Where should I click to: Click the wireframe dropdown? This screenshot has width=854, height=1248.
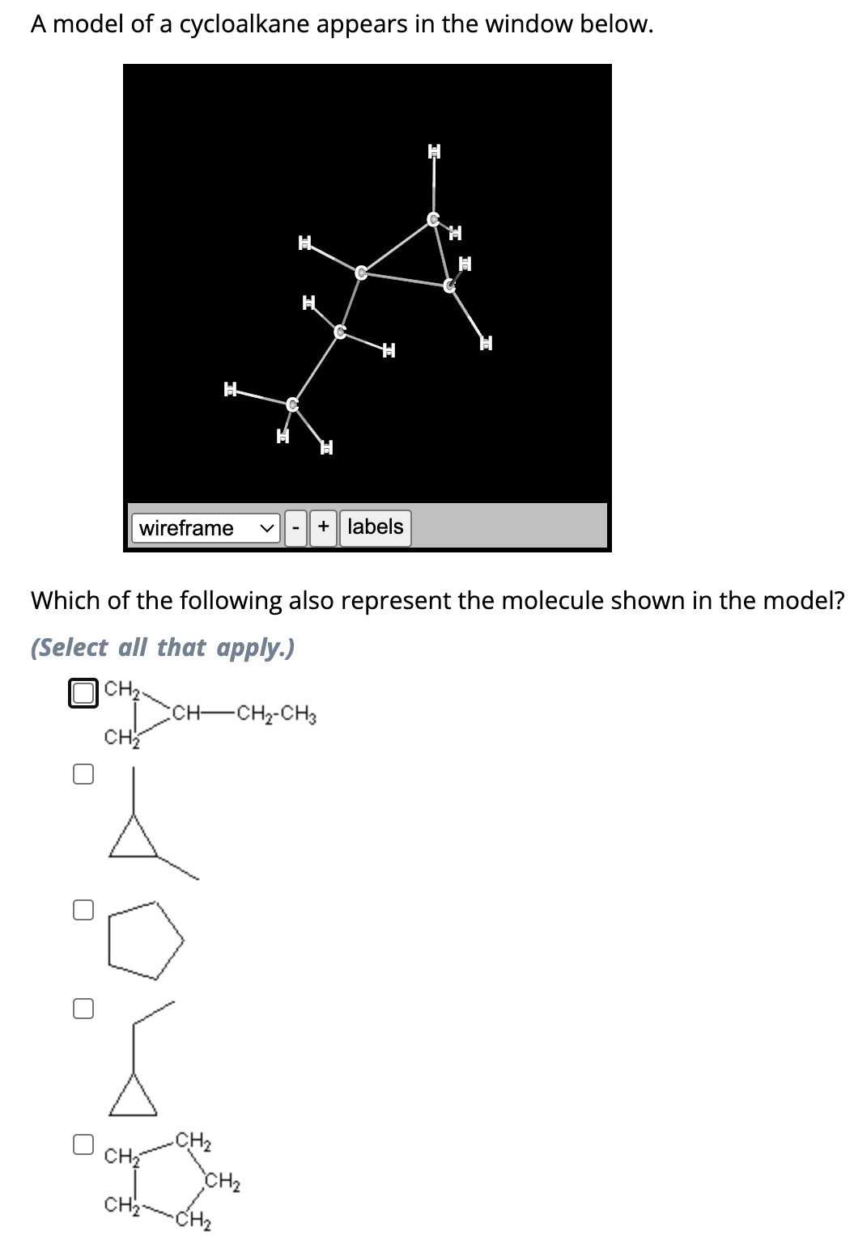point(206,528)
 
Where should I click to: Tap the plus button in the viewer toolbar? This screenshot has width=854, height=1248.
point(323,528)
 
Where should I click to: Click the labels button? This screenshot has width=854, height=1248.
point(375,527)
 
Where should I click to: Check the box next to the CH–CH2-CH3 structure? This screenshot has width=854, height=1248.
point(83,693)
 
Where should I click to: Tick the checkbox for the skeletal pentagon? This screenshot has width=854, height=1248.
point(83,910)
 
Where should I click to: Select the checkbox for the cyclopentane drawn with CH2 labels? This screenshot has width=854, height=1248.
point(83,1144)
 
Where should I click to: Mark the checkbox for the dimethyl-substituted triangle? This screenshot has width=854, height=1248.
point(83,774)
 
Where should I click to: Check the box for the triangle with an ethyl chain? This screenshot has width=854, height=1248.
point(83,1008)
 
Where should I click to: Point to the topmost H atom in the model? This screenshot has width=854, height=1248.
point(435,150)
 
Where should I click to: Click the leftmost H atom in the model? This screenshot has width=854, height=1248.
point(231,390)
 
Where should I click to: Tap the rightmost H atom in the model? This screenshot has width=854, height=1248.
point(486,343)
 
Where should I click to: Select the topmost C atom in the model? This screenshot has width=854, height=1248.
point(434,218)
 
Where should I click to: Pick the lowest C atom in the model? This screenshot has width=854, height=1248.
point(293,402)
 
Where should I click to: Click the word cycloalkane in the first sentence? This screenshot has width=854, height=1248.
point(244,24)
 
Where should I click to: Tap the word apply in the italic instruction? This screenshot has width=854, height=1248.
point(251,648)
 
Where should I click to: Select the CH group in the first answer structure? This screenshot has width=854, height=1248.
point(187,714)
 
